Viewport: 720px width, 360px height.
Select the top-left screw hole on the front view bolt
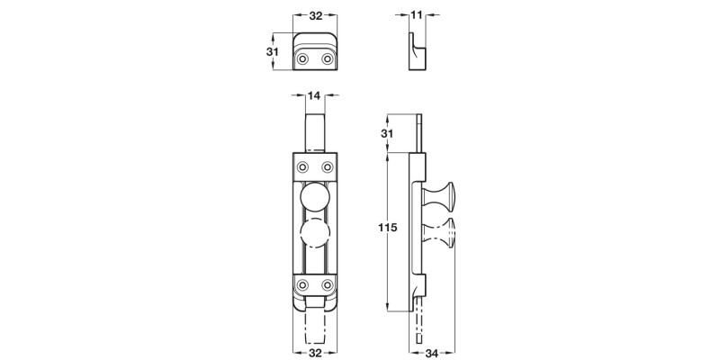click(301, 166)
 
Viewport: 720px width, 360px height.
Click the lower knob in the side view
click(445, 236)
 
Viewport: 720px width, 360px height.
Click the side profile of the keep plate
click(415, 50)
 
